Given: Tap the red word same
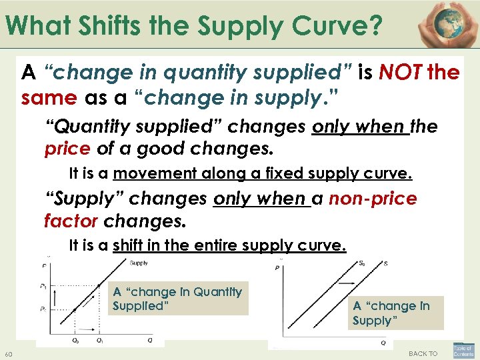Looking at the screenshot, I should (48, 99).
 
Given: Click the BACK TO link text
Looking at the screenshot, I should (423, 353).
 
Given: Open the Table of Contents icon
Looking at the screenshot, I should (463, 351).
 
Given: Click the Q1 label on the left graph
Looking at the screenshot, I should (99, 340).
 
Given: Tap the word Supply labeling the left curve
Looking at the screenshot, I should (139, 263).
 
